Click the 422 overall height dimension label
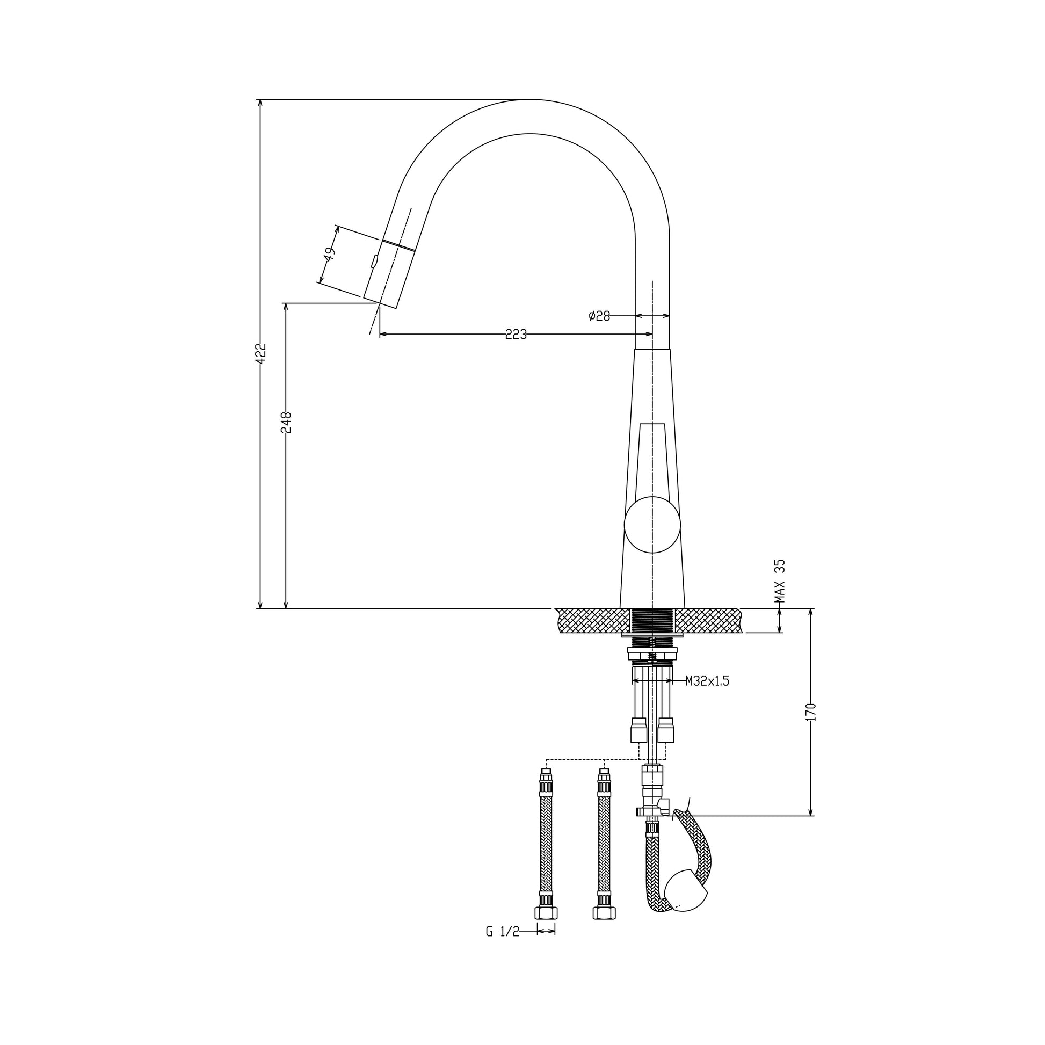pos(260,353)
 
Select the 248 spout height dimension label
pos(286,423)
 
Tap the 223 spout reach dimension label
pos(516,335)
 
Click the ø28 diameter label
pos(599,316)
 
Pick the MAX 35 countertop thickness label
pos(779,582)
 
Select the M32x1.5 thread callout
pos(707,681)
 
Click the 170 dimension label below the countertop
pos(810,712)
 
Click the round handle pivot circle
pos(652,525)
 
